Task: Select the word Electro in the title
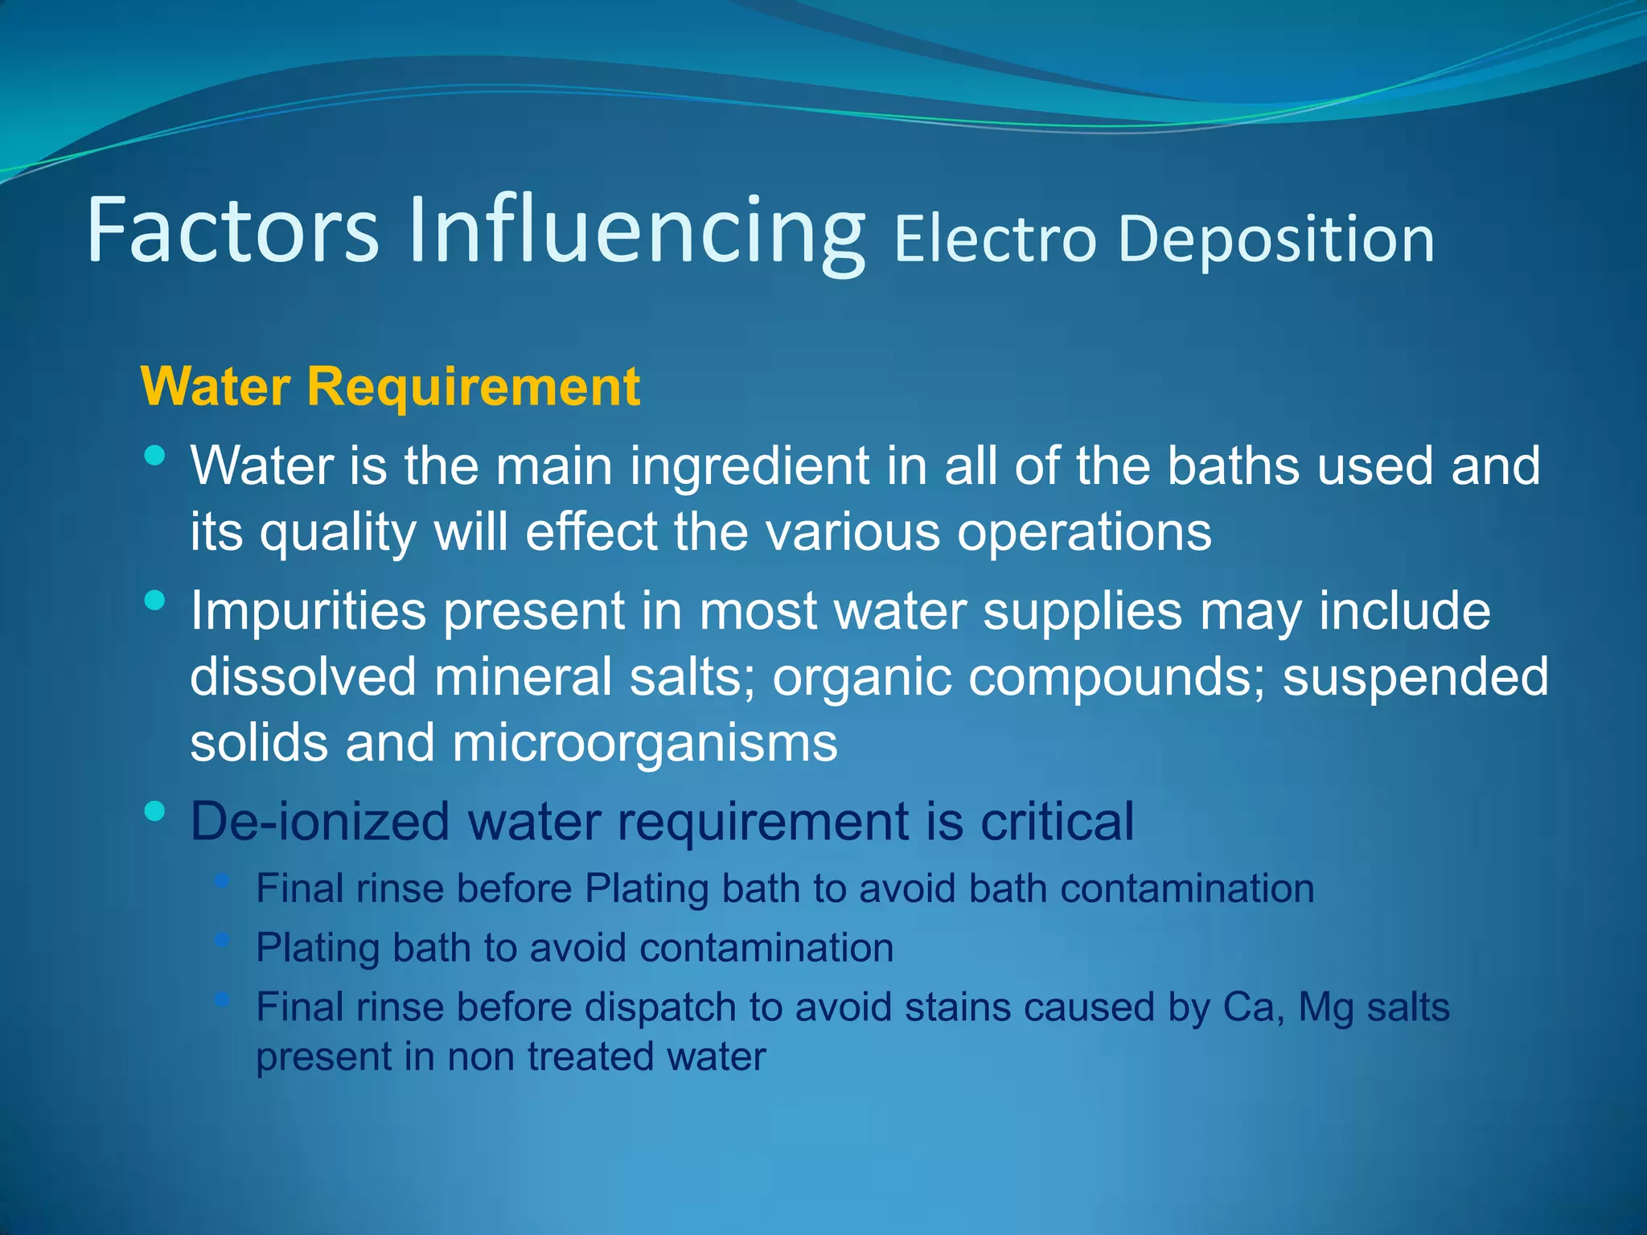[995, 239]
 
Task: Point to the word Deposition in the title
[1276, 239]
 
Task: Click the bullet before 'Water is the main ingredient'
[155, 457]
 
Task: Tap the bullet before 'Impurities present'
[155, 600]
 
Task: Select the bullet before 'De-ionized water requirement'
[155, 810]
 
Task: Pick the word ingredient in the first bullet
[749, 466]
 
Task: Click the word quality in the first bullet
[338, 533]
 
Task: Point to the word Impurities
[308, 611]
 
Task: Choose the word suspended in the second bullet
[1415, 677]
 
